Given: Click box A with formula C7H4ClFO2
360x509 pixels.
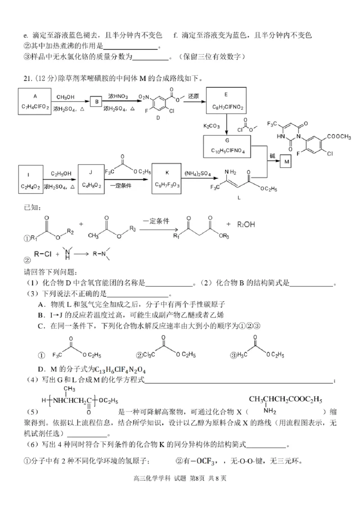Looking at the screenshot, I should pyautogui.click(x=35, y=102).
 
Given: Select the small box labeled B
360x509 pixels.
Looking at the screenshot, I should pyautogui.click(x=96, y=102).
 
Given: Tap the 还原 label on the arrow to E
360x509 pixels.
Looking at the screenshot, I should pyautogui.click(x=193, y=96).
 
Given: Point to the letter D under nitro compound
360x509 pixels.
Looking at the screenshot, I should pyautogui.click(x=157, y=117).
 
